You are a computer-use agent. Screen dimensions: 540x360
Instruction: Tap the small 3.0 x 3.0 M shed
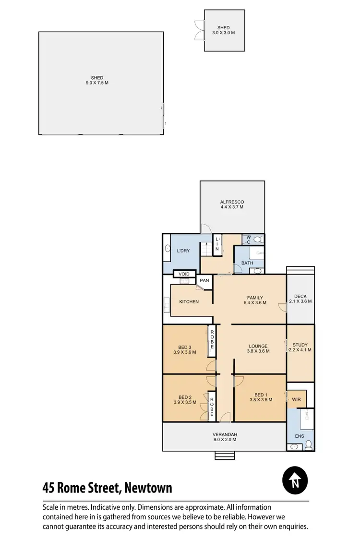(x=224, y=31)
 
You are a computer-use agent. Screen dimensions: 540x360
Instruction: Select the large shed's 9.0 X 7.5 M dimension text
(x=97, y=83)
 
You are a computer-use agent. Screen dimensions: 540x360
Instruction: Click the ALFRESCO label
(x=232, y=202)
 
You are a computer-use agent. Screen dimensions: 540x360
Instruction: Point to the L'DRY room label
(x=183, y=251)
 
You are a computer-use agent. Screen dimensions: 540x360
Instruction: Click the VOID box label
(x=184, y=274)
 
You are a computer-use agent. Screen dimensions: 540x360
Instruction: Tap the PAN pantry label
(x=204, y=280)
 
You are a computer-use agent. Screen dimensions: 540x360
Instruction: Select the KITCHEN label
(x=189, y=301)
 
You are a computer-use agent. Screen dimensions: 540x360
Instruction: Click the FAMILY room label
(x=255, y=298)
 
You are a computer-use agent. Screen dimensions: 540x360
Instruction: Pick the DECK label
(x=300, y=296)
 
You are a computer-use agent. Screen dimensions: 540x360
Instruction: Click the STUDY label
(x=300, y=345)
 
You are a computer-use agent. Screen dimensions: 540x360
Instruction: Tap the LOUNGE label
(x=258, y=346)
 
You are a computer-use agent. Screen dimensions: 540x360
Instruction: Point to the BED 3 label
(x=185, y=347)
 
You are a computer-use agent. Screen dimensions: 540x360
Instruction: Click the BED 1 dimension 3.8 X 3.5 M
(x=261, y=399)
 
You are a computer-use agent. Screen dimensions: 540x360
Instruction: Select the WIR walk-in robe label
(x=296, y=398)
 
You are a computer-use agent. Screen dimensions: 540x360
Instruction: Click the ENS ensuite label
(x=299, y=436)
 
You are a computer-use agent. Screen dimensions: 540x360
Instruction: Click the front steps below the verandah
(x=225, y=455)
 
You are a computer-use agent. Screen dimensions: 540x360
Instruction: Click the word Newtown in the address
(x=148, y=488)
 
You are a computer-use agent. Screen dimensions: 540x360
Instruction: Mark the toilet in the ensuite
(x=309, y=444)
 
